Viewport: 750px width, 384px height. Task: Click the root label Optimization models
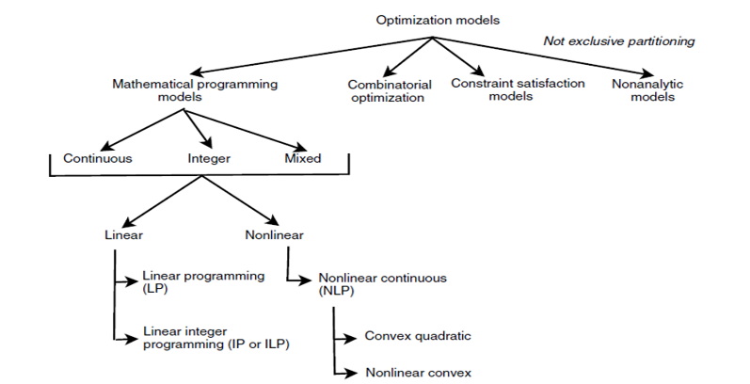431,19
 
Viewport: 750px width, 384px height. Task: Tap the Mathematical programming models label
194,90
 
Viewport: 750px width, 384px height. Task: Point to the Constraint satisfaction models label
518,89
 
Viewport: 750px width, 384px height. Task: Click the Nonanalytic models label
645,90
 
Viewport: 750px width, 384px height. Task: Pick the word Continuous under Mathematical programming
97,158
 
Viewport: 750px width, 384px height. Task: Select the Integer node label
204,158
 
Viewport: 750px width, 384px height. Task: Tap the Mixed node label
302,158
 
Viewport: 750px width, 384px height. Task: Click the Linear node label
123,233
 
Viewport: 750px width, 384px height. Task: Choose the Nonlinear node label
272,233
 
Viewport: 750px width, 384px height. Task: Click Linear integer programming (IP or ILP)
215,338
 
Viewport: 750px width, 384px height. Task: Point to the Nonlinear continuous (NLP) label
381,285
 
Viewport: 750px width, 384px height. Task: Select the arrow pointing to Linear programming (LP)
126,280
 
